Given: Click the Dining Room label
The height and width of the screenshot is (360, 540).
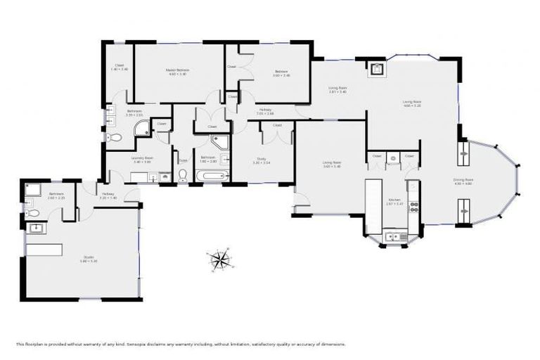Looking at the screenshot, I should point(463,181).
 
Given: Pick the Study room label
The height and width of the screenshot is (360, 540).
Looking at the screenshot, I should point(262,161).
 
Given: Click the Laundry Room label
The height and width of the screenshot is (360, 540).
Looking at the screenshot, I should point(142,160).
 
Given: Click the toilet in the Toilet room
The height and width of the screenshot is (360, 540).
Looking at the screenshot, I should point(183,176).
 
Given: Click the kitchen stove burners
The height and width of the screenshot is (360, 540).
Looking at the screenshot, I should point(414,207).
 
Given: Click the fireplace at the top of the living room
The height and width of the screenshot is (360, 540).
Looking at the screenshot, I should point(377,69).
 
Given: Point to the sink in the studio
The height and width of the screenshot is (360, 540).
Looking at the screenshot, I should point(37,228).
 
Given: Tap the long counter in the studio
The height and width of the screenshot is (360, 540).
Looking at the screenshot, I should point(44,250).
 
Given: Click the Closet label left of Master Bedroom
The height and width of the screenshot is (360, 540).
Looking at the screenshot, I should point(120,67).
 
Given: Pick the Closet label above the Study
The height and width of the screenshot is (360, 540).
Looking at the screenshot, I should point(277,125).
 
